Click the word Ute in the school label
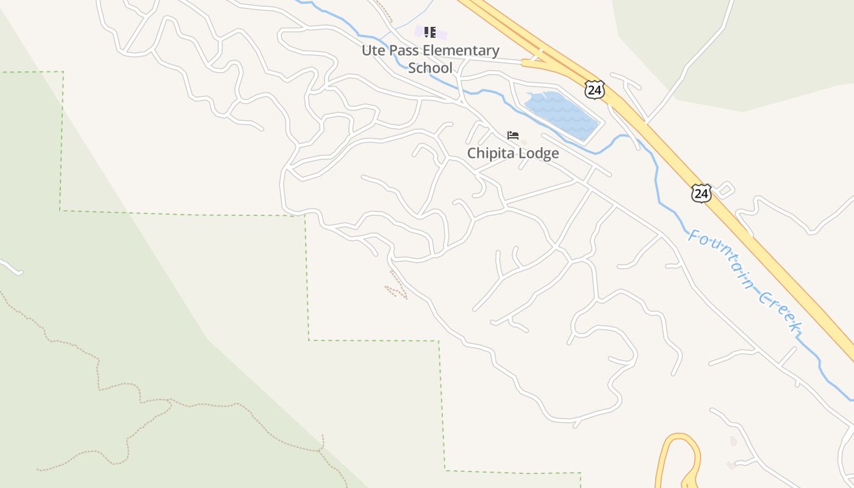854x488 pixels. pos(373,51)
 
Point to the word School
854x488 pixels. pos(430,68)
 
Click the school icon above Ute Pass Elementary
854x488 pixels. pos(429,32)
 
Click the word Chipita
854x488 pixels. pos(490,153)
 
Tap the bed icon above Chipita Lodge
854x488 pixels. pos(513,135)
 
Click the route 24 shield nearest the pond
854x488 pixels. pos(594,89)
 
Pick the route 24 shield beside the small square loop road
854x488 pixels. pos(701,193)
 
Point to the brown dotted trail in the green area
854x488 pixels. pos(98,366)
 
